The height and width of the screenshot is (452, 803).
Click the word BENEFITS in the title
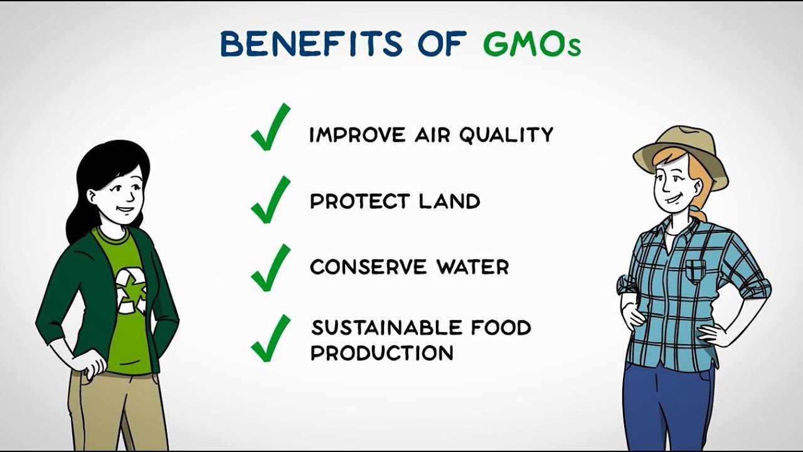coord(311,43)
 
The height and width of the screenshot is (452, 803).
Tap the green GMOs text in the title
coord(531,44)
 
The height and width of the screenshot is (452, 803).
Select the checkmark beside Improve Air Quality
coord(270,127)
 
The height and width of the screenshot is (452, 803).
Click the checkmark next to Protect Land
coord(270,200)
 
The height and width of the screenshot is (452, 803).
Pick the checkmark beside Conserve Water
coord(270,267)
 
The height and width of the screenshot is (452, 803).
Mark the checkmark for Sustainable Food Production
coord(270,338)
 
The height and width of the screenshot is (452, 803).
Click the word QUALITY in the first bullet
coord(506,135)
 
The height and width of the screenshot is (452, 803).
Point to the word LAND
coord(450,202)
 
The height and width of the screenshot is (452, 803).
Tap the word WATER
coord(472,267)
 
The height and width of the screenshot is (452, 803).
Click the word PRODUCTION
coord(382,353)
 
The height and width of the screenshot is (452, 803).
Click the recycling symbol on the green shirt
coord(131,291)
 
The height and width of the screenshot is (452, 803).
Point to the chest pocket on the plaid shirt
coord(696,272)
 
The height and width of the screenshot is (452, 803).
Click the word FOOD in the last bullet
coord(501,328)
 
